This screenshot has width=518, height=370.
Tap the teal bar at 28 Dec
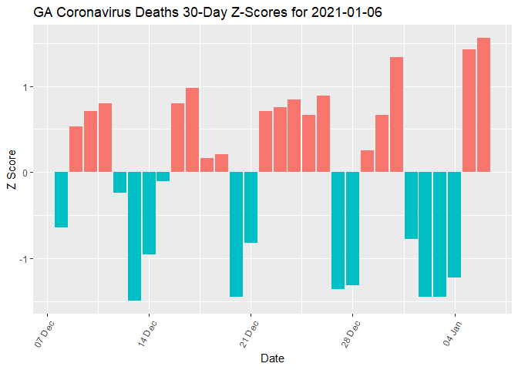(x=352, y=228)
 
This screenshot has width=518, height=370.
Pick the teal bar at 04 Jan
(x=454, y=224)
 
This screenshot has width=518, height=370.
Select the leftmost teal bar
(x=61, y=200)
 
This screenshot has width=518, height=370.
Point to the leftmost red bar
(x=76, y=150)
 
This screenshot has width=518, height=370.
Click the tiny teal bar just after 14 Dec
(x=163, y=177)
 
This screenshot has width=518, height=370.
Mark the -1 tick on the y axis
(x=22, y=258)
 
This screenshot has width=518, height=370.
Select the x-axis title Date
(x=273, y=358)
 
